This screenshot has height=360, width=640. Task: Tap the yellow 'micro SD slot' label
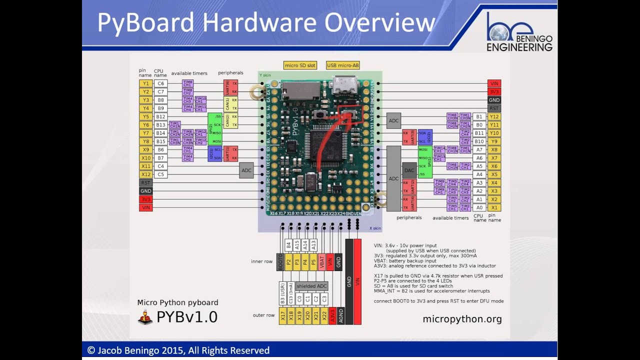(x=300, y=65)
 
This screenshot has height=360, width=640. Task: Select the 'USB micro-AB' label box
(x=342, y=65)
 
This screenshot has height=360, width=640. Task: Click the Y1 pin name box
(x=145, y=83)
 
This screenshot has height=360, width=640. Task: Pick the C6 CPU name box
(x=160, y=83)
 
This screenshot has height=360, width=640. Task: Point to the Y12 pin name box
(x=494, y=116)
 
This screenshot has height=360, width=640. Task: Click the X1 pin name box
(x=494, y=207)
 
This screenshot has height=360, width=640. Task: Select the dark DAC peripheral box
(x=409, y=170)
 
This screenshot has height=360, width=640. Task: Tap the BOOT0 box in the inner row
(x=280, y=261)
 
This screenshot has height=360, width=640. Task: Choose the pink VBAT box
(x=322, y=261)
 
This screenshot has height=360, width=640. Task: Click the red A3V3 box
(x=332, y=316)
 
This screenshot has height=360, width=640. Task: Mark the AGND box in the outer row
(x=340, y=316)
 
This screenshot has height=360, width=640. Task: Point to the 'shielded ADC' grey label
(x=311, y=286)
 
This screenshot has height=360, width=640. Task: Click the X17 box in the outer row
(x=283, y=316)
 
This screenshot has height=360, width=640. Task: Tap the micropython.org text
(x=462, y=319)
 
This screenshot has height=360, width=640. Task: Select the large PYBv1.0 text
(x=186, y=317)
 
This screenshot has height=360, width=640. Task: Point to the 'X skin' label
(x=375, y=228)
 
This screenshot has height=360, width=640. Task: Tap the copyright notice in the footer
(x=178, y=350)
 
